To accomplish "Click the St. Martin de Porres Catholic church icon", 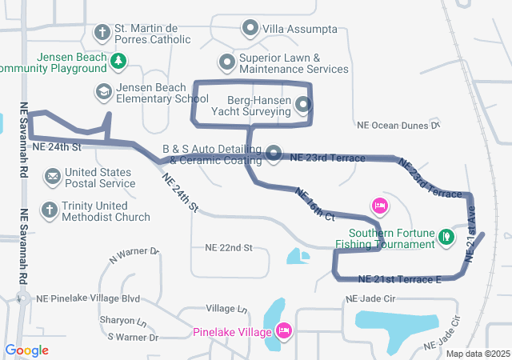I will coord(102,33).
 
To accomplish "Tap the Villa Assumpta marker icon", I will coord(250,30).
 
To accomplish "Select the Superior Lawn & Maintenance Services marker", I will coord(227,62).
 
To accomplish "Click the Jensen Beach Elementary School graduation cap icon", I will coord(102,92).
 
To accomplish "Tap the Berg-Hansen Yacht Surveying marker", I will coord(302,105).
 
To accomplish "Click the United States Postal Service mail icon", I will coord(52,176).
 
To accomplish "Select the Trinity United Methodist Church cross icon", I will coord(49,210).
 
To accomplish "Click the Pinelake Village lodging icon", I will coord(283,330).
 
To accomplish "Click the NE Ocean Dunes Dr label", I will coord(398,126).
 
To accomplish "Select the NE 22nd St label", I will coord(228,248).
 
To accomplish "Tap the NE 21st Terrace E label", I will coord(400,279).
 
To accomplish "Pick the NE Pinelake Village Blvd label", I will coord(88,298).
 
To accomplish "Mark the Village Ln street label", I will coord(226,308).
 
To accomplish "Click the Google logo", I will coord(26,350).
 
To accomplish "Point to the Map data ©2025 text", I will coord(477,354).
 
